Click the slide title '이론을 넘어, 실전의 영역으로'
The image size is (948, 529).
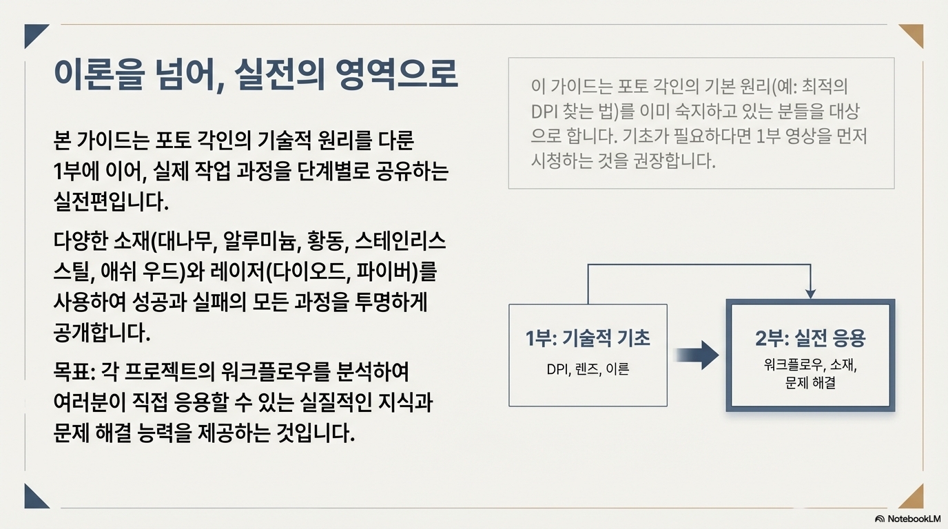coord(255,74)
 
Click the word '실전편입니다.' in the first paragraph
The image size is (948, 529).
coord(110,202)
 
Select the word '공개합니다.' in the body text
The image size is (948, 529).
coord(101,333)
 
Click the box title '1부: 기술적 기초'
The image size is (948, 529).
coord(588,338)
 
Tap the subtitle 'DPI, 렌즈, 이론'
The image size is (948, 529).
coord(588,369)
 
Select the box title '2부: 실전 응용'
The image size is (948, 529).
coord(810,338)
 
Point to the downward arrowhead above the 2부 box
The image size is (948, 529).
coord(810,293)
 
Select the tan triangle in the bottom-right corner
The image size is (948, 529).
coord(914,499)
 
